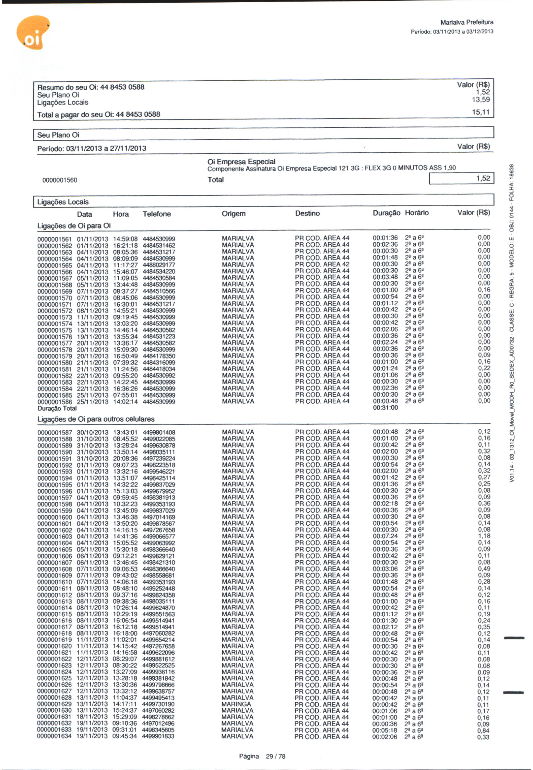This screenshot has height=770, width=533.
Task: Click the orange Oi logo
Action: click(32, 33)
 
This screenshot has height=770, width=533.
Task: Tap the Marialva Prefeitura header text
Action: click(467, 22)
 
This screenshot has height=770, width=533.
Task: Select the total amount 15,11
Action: click(480, 112)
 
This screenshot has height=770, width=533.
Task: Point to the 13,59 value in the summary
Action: click(480, 99)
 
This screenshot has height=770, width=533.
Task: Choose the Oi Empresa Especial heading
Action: click(241, 161)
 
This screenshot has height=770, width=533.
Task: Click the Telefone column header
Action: click(157, 214)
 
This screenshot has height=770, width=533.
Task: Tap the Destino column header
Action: click(307, 213)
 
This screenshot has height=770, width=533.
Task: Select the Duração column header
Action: click(386, 213)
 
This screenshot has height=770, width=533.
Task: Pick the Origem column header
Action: click(233, 214)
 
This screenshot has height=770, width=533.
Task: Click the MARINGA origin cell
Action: click(236, 704)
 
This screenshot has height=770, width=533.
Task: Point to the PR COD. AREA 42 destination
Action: click(322, 264)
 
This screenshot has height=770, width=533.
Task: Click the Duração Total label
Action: click(57, 408)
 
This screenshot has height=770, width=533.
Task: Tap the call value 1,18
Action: click(484, 536)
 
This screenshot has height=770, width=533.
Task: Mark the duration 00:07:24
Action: click(385, 536)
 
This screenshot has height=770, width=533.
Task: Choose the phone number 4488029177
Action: click(159, 265)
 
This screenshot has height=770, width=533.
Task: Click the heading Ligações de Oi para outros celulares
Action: click(96, 419)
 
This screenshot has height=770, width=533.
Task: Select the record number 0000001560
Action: click(59, 180)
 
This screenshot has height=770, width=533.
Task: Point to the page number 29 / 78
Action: click(275, 756)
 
